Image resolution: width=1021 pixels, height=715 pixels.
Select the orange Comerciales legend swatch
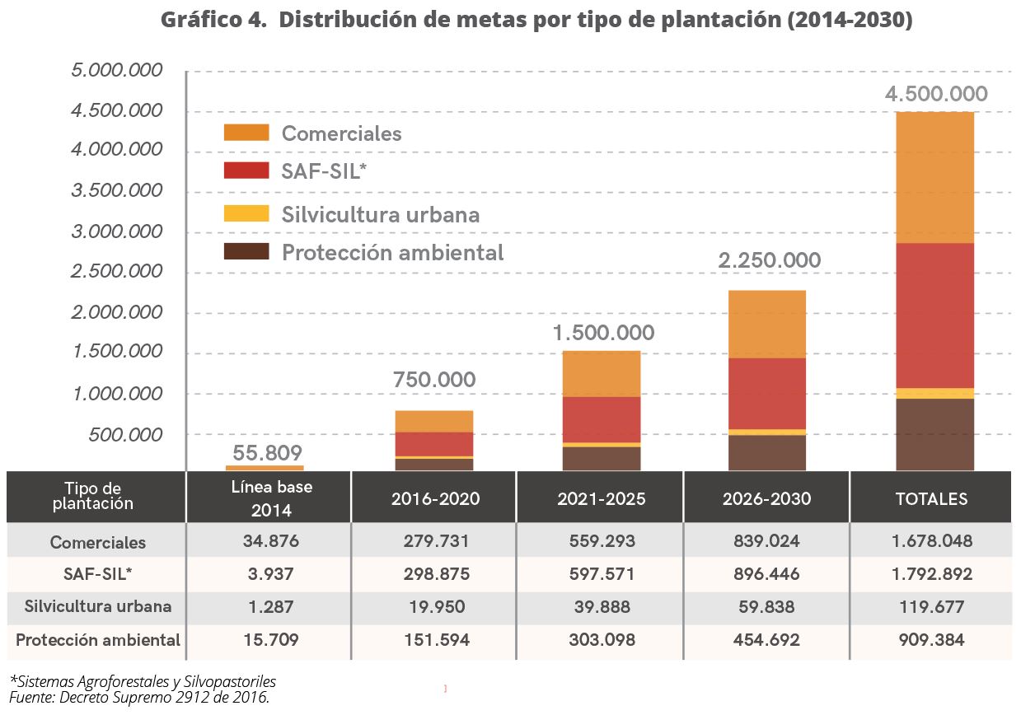[246, 133]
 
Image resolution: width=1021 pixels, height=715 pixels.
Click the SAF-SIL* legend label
[323, 171]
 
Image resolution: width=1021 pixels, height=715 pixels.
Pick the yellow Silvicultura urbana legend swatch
[246, 213]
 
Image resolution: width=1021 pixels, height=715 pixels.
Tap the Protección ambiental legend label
[392, 252]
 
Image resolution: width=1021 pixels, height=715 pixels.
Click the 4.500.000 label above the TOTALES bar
[936, 94]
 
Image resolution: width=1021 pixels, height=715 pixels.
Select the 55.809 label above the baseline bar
[267, 452]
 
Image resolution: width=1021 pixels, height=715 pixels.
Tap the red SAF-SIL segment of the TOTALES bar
[934, 315]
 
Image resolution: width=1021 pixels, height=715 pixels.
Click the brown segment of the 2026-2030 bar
[767, 452]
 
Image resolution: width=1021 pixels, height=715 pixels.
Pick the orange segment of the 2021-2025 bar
[601, 373]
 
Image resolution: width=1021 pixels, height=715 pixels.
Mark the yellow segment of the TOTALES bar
[934, 393]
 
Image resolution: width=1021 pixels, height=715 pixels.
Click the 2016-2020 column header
[435, 498]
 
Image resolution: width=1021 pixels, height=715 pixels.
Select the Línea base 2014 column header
[271, 498]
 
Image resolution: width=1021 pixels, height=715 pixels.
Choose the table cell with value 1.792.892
[931, 574]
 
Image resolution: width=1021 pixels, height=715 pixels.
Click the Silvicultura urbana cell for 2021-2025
[601, 607]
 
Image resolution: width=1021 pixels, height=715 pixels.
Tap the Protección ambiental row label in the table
[97, 640]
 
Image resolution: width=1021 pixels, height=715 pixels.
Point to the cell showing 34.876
[271, 541]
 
